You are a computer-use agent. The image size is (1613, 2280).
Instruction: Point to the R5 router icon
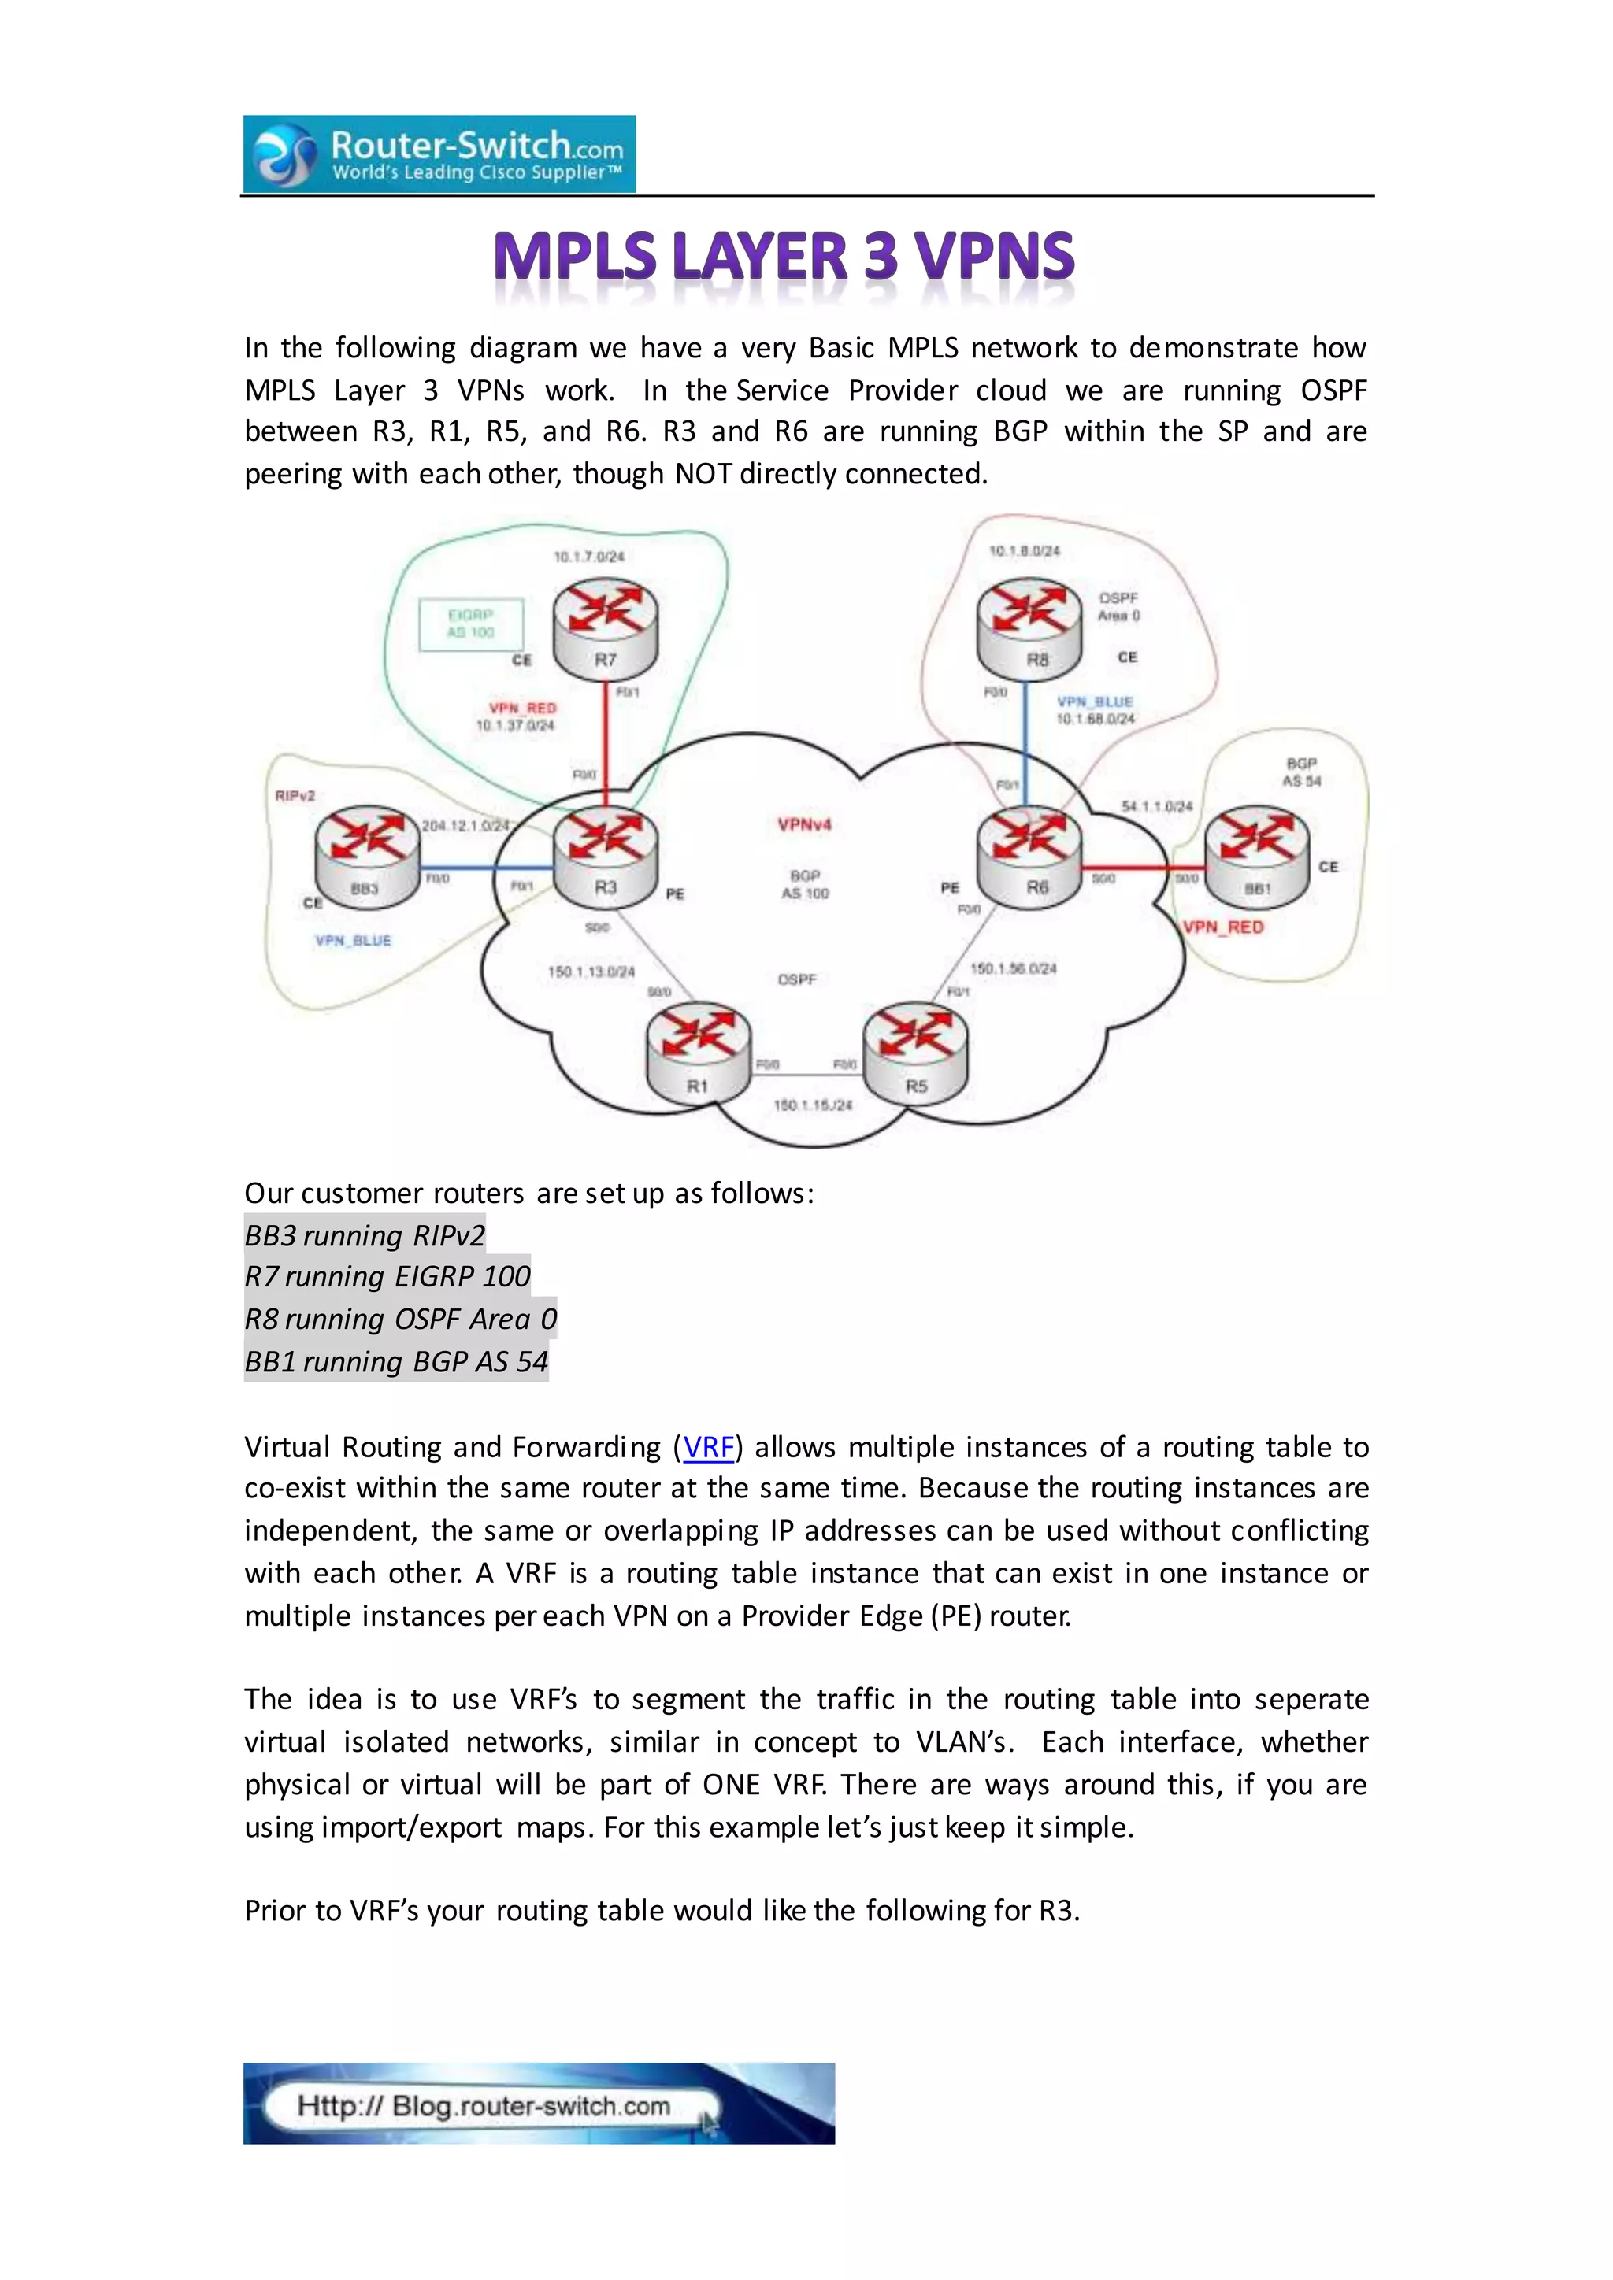914,1053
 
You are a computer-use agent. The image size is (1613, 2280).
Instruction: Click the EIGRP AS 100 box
471,624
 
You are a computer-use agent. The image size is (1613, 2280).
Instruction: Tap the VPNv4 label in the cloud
804,824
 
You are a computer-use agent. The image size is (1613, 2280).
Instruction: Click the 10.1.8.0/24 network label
1024,550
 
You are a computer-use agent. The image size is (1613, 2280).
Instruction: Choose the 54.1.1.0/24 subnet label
1157,806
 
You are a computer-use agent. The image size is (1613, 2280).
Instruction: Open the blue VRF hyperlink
708,1447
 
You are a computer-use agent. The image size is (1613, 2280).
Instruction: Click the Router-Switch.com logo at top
439,154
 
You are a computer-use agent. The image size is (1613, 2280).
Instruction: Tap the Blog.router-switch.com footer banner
539,2103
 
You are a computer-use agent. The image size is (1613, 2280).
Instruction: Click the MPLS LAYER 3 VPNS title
784,256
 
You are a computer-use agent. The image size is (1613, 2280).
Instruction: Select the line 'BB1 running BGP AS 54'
396,1360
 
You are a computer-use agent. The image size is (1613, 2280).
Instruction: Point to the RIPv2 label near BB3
295,795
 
